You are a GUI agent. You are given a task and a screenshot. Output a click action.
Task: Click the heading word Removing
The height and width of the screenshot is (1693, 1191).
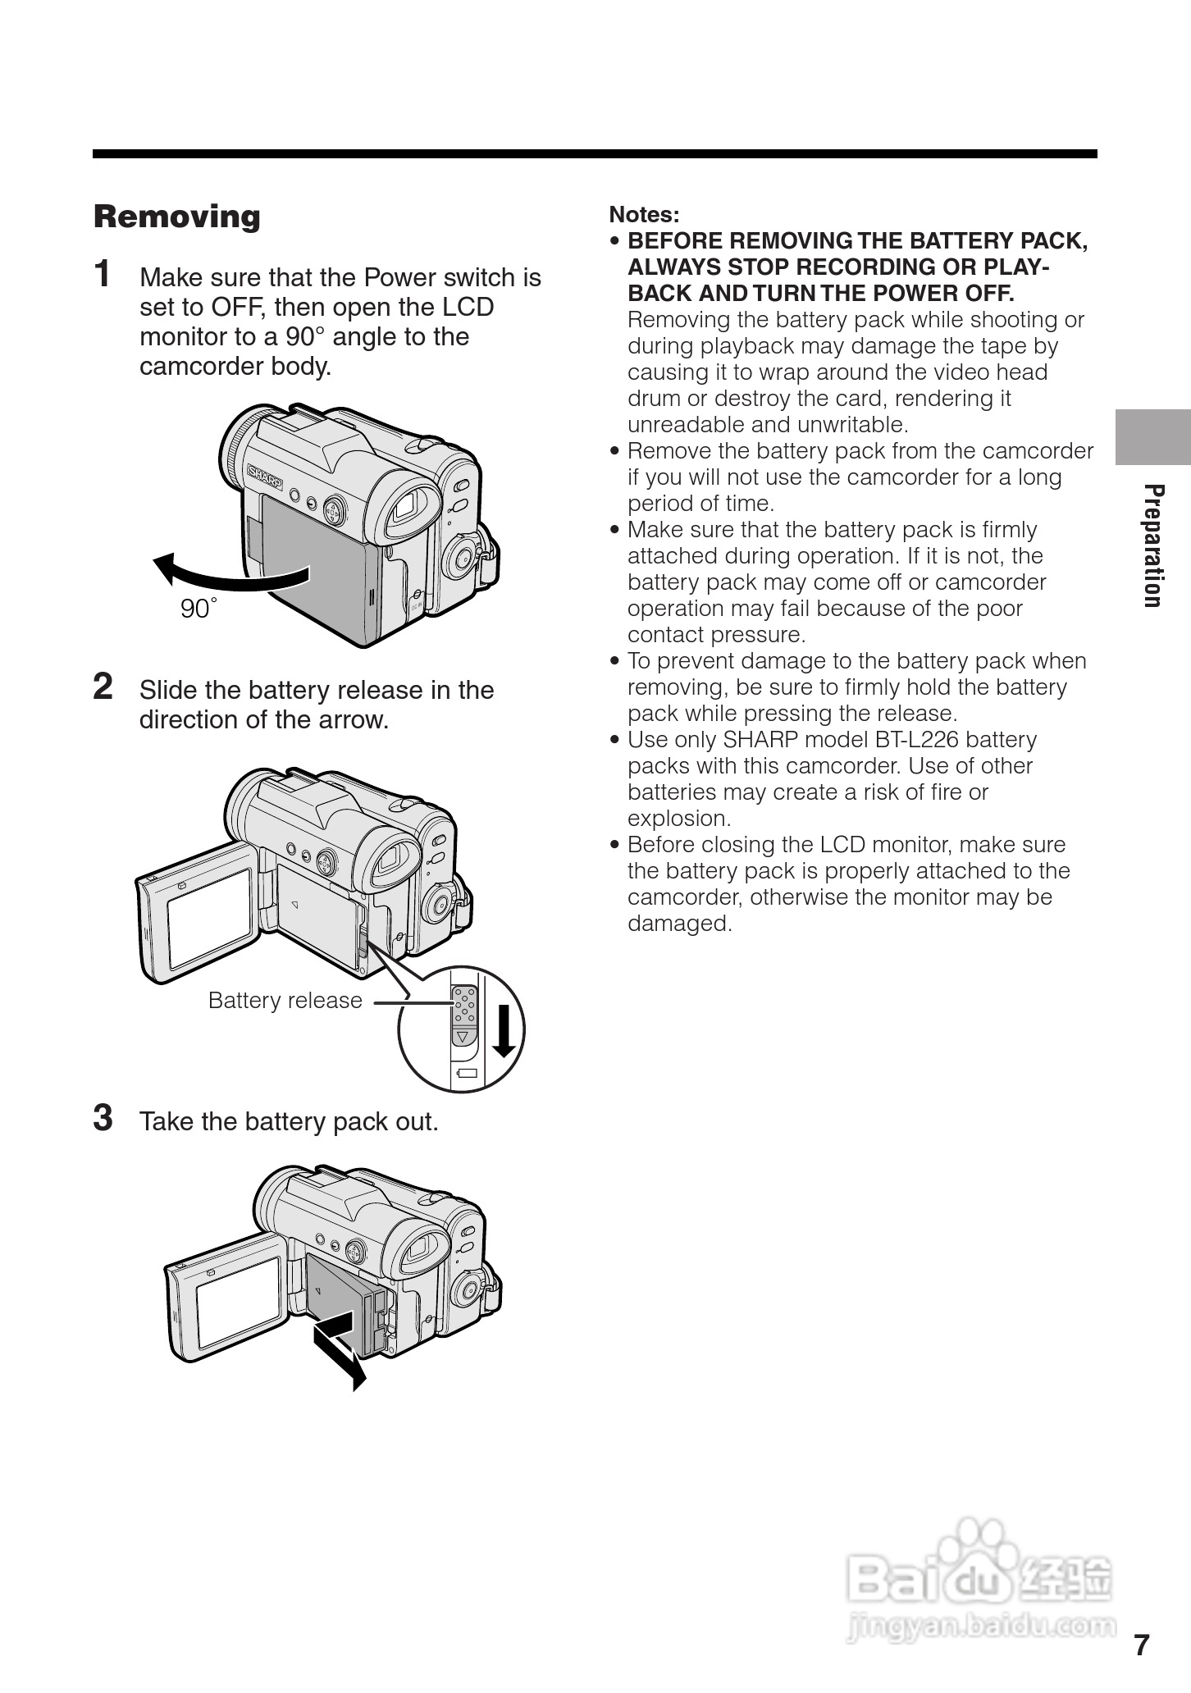[176, 217]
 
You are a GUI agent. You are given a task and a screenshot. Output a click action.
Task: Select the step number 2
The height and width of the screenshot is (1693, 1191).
[103, 687]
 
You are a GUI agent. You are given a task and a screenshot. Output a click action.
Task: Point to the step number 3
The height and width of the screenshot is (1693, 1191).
[103, 1118]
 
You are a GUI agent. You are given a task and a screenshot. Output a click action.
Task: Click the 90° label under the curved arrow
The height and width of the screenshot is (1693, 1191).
[198, 609]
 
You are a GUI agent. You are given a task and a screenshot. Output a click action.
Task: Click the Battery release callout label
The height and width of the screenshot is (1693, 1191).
[285, 1001]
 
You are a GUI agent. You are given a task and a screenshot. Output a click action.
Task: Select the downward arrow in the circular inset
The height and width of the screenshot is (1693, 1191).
[504, 1030]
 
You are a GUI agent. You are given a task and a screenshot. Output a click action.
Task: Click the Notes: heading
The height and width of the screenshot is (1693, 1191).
[644, 215]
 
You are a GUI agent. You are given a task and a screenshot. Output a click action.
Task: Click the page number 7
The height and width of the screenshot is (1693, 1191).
[1142, 1645]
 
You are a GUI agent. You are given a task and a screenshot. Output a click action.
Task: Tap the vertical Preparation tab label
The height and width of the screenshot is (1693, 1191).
[1153, 545]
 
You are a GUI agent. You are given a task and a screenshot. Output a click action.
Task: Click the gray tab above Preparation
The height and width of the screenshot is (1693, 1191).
[1152, 437]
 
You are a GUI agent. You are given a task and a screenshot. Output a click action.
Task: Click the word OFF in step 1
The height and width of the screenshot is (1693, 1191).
[236, 308]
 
